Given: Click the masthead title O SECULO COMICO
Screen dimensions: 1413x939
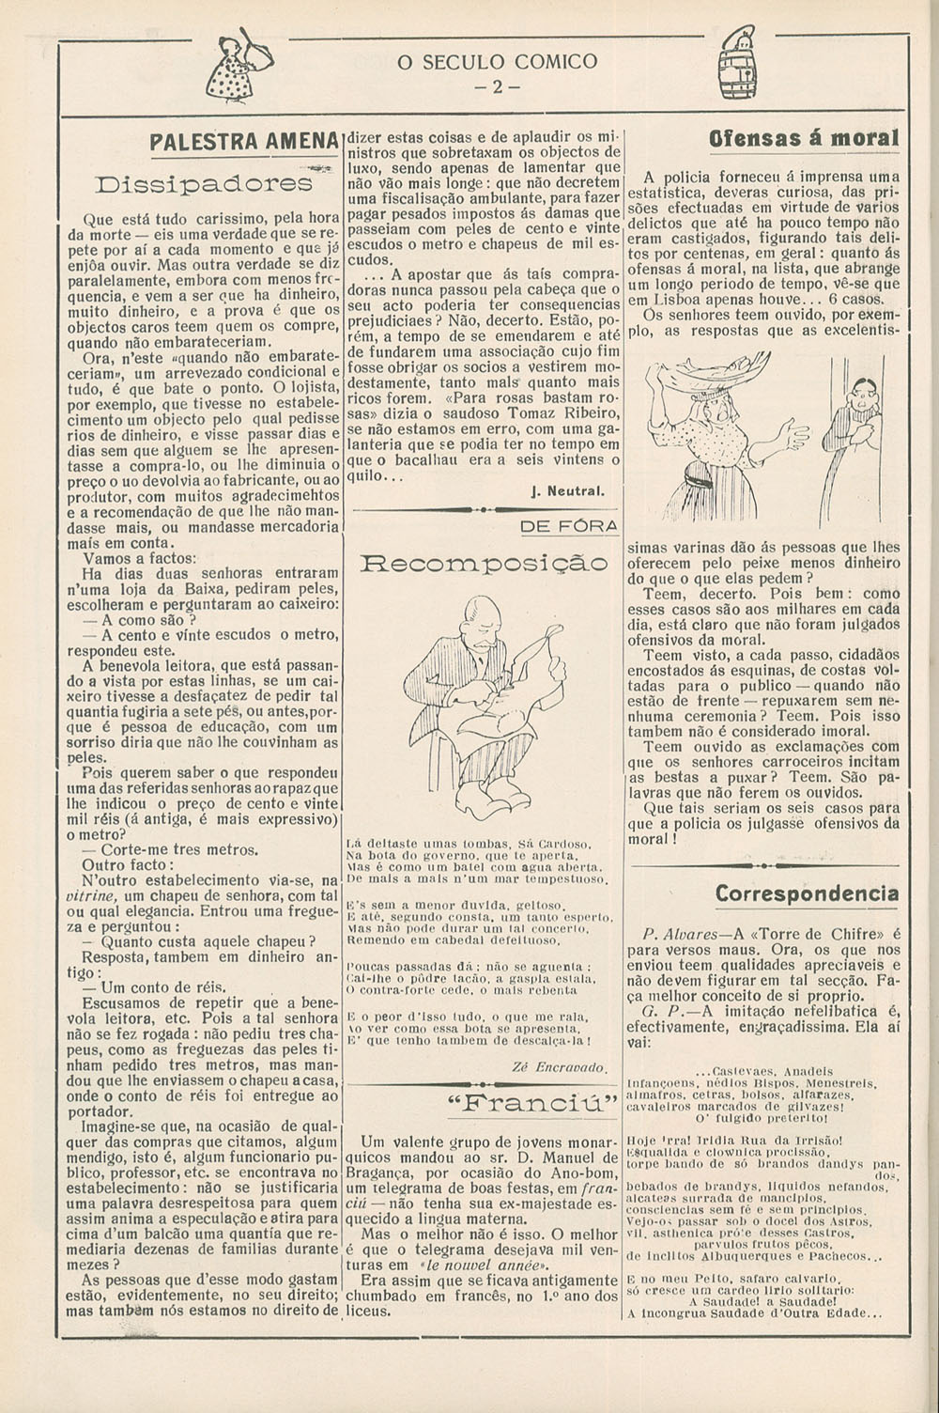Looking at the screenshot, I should tap(497, 62).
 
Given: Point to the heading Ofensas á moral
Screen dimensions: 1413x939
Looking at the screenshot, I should tap(805, 138).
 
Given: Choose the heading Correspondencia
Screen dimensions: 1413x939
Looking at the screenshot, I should tap(806, 893).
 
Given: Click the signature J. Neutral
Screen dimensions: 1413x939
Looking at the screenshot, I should tap(567, 490).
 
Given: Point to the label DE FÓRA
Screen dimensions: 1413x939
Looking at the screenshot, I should tap(569, 527).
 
